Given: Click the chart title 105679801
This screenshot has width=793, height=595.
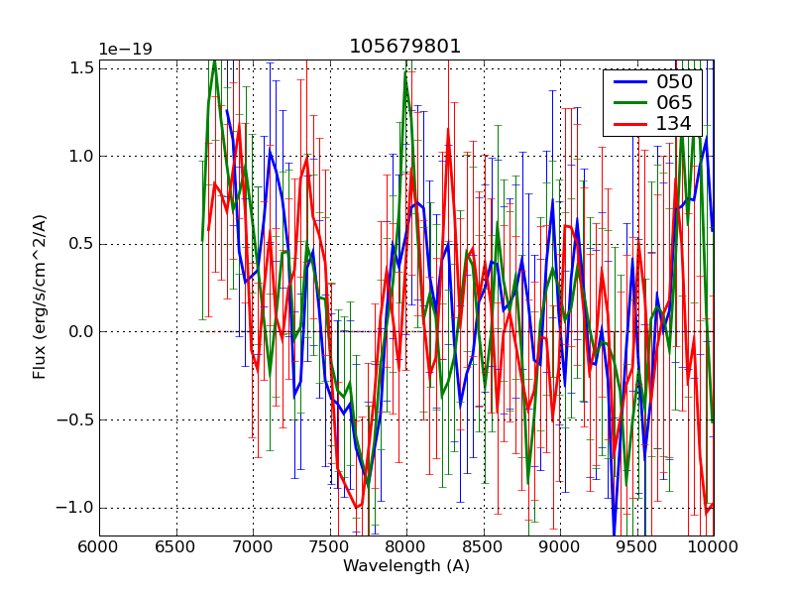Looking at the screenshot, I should tap(405, 47).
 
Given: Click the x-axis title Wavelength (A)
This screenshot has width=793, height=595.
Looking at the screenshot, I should tap(406, 566).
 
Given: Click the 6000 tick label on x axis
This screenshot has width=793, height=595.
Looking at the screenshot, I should tap(99, 546).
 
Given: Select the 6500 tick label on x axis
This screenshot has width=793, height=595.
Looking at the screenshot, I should tap(176, 546).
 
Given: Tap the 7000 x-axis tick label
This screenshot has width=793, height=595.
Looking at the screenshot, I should tap(253, 546).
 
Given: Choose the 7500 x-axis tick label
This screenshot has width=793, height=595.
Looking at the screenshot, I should tap(330, 546).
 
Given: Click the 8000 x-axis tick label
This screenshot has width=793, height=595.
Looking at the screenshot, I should tap(406, 546).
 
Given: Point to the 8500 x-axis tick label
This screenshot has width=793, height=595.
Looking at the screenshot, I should tap(484, 546).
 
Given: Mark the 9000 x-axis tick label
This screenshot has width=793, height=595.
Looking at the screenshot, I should tap(560, 546).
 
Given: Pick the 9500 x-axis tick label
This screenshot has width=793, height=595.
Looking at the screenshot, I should tap(637, 546).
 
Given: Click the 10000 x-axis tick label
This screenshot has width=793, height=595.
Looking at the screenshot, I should tap(712, 546).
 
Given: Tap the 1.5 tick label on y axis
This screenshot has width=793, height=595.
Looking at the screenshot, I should tap(82, 67).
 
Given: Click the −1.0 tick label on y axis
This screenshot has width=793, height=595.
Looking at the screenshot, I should tap(75, 508).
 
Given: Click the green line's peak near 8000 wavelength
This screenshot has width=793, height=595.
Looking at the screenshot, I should tap(405, 72).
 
